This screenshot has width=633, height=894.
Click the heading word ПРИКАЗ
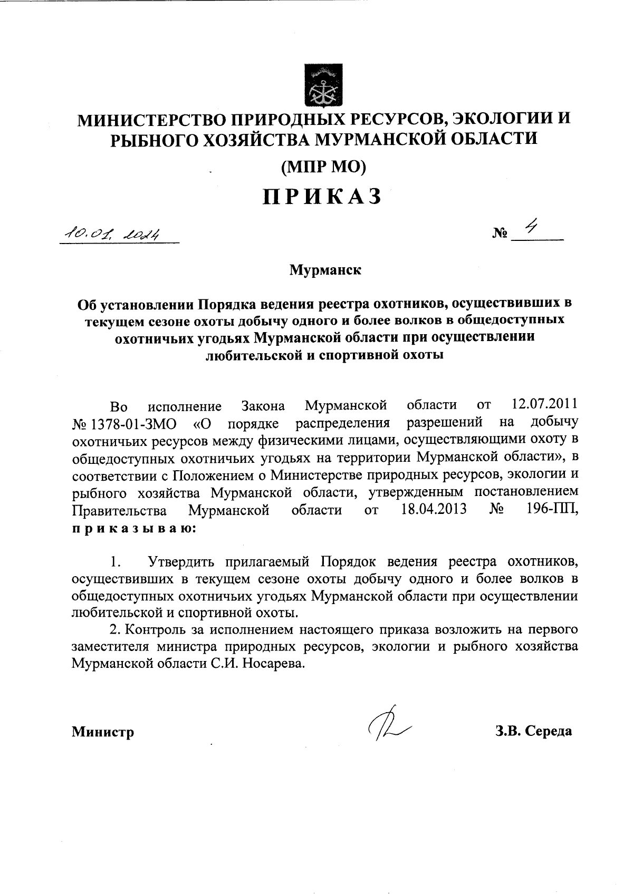coord(322,197)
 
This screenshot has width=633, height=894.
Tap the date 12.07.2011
coord(545,405)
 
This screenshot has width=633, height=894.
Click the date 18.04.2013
coord(434,511)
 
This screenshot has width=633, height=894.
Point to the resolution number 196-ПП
coord(552,511)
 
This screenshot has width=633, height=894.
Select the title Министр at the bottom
coord(103,732)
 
